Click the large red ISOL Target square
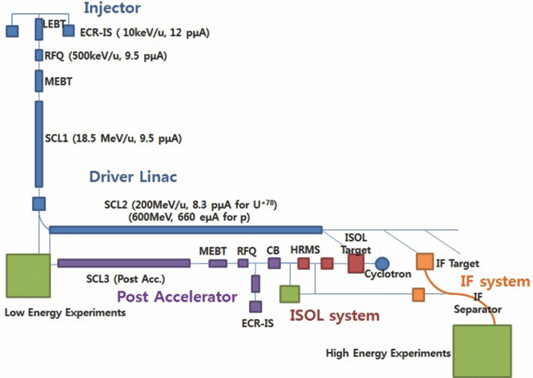tap(356, 263)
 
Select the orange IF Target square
tap(423, 263)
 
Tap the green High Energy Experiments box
tap(483, 349)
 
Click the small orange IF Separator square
tap(418, 294)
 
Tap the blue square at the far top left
tap(12, 30)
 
